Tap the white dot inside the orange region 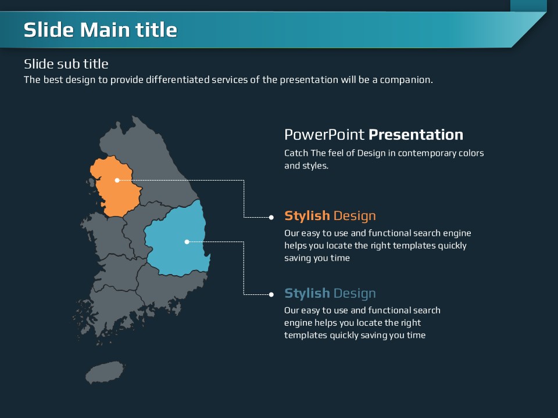coord(117,180)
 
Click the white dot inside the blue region coord(187,242)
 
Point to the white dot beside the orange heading coord(271,217)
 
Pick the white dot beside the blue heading coord(271,294)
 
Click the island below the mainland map coord(105,372)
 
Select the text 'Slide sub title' coord(66,64)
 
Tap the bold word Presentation coord(416,135)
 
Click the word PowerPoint coord(324,135)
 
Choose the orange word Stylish coord(307,216)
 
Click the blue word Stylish coord(307,293)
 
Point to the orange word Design coord(355,216)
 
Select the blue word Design coord(355,293)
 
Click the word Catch coord(296,153)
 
